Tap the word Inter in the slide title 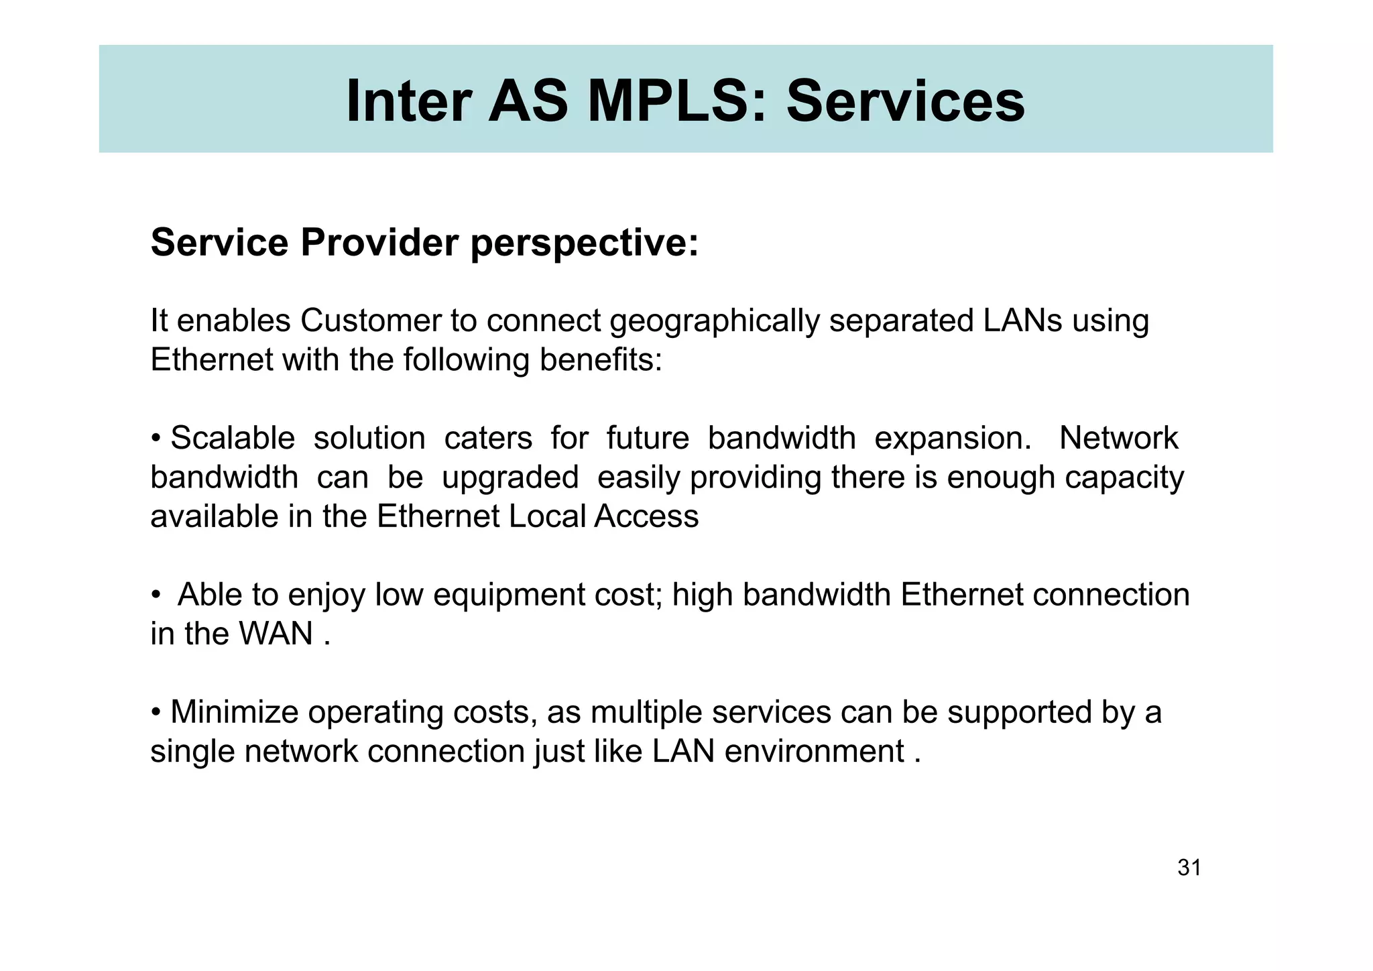[x=408, y=102]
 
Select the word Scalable [x=233, y=439]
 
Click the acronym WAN [x=276, y=634]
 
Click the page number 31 [x=1189, y=868]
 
